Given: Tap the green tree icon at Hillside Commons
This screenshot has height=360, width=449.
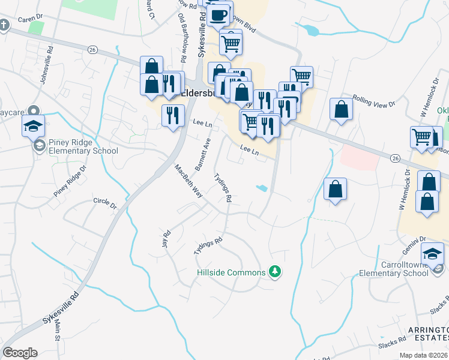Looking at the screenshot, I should coord(275,272).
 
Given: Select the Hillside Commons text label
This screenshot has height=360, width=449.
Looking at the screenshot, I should coord(231,272).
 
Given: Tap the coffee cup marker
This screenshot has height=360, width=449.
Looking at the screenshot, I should coord(220,14).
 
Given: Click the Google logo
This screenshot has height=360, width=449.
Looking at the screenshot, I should coord(20,353).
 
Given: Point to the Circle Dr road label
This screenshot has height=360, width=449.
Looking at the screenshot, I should coord(105,203).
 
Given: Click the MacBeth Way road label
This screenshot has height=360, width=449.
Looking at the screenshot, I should coord(188,181).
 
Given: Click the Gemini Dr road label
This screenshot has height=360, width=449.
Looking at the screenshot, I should coord(414,239).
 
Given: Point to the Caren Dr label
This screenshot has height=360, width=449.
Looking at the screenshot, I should coord(29,19).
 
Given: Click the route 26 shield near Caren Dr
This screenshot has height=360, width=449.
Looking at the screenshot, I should coord(92,49).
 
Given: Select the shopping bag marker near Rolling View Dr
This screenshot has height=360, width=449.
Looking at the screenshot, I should coord(341,110).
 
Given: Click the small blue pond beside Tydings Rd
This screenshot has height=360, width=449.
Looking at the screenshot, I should coord(262,188).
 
